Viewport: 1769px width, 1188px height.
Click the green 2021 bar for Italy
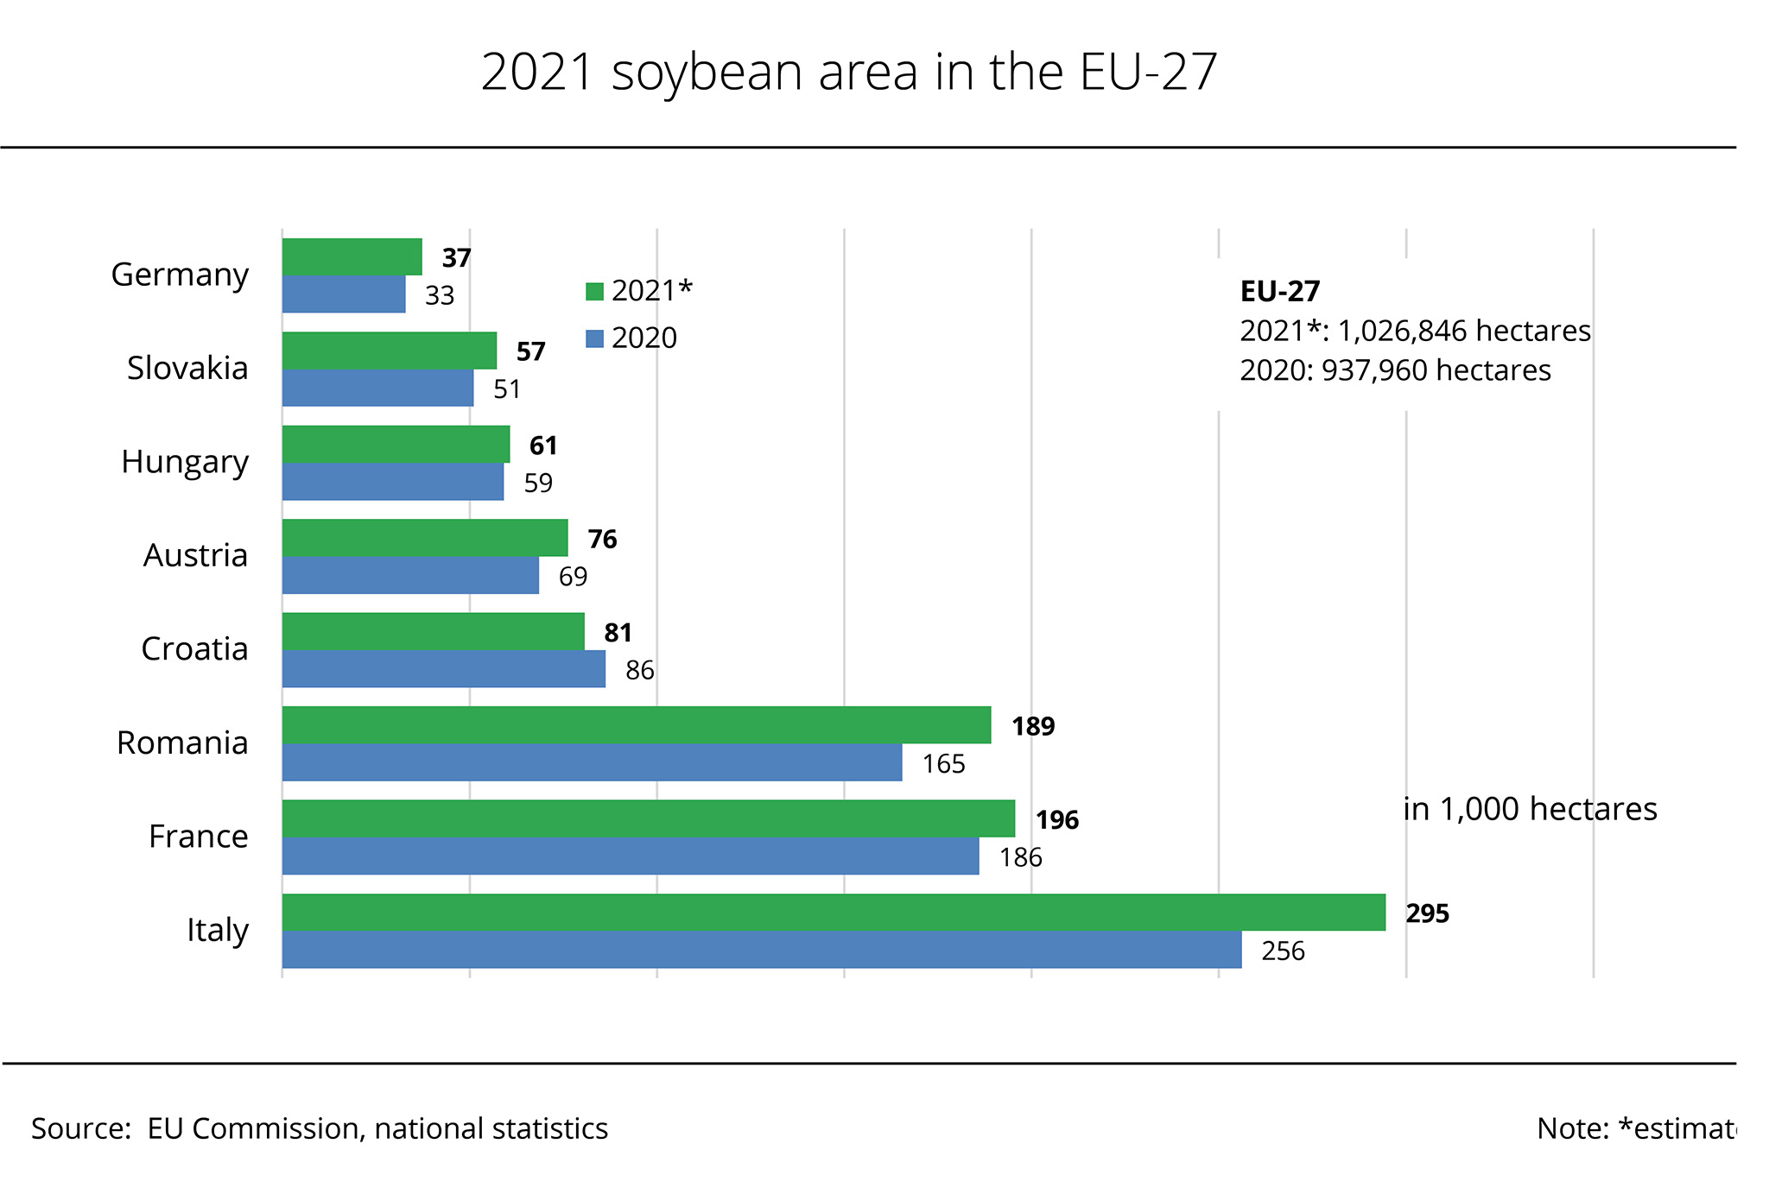click(x=834, y=913)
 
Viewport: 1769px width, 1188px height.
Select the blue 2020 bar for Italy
click(x=762, y=950)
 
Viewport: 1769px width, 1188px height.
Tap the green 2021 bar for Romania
click(x=637, y=725)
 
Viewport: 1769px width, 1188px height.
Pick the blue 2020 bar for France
click(x=631, y=856)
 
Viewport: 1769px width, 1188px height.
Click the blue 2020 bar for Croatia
click(x=444, y=669)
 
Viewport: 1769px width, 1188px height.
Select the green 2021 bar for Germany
click(x=352, y=257)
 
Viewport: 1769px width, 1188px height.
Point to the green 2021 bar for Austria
click(x=425, y=538)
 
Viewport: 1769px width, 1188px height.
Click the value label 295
click(x=1427, y=913)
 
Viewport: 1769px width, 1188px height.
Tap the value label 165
click(x=943, y=764)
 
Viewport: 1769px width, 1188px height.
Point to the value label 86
click(x=639, y=671)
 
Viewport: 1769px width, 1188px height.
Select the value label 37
click(x=456, y=258)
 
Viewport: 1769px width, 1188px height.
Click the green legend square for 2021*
click(x=594, y=292)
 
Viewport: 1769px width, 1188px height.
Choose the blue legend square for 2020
click(x=594, y=338)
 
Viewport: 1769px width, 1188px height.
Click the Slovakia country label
click(x=187, y=368)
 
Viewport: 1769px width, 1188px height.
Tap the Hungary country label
click(x=185, y=462)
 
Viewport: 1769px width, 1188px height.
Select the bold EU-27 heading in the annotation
click(x=1279, y=292)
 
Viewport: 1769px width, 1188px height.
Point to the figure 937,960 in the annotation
click(x=1375, y=370)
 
